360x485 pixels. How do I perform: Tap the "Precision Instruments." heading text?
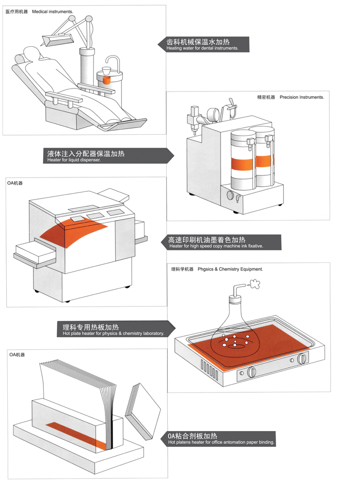(302, 97)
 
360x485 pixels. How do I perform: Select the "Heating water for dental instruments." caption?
(202, 48)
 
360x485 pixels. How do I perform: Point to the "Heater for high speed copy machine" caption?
(216, 246)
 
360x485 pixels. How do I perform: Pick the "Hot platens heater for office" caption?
(221, 442)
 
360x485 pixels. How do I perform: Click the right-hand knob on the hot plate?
(302, 358)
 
